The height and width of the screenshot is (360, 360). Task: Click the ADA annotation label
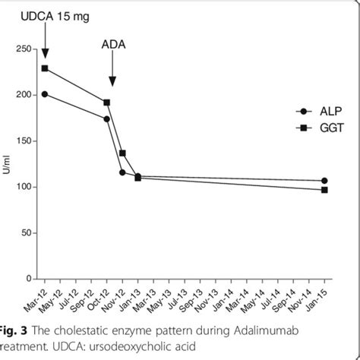coord(113,44)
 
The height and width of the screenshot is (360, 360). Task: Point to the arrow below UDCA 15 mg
coord(45,39)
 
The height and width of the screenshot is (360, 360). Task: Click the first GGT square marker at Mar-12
coord(45,68)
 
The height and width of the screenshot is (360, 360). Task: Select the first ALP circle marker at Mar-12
coord(45,94)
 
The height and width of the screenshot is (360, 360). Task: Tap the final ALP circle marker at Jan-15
coord(324,181)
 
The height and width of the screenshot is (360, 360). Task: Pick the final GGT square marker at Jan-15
coord(324,190)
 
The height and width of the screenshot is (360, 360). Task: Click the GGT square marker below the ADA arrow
coord(107,103)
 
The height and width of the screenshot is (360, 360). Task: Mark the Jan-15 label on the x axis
coord(322,297)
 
